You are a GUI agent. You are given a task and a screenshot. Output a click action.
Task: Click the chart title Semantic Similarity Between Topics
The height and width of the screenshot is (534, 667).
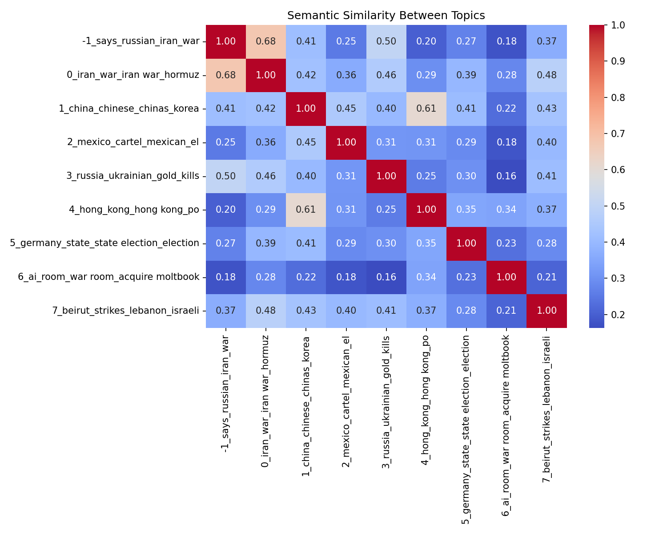(x=386, y=16)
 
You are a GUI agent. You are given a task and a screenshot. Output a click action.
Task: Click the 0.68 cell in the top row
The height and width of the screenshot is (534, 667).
(x=266, y=41)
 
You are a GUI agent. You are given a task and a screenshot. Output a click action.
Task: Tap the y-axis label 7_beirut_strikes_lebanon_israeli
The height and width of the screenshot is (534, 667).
(x=125, y=311)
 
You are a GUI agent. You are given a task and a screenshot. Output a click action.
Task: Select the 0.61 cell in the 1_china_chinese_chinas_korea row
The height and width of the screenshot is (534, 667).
(x=426, y=109)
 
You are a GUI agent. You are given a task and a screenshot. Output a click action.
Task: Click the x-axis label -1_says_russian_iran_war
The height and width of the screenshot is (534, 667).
(x=226, y=394)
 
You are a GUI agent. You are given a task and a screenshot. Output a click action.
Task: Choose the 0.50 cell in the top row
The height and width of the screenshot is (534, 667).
(x=386, y=41)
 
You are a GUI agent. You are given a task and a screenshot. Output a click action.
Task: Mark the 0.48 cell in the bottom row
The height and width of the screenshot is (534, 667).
(x=266, y=311)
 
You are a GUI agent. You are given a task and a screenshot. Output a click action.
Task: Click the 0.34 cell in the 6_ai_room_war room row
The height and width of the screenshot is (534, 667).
(x=426, y=277)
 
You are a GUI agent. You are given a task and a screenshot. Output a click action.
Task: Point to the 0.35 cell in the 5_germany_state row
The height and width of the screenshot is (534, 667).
(x=426, y=243)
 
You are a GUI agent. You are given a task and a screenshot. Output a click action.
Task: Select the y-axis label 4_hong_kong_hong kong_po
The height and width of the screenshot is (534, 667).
(x=134, y=210)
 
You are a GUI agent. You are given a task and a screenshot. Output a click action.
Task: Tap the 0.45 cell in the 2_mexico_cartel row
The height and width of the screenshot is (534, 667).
(x=306, y=142)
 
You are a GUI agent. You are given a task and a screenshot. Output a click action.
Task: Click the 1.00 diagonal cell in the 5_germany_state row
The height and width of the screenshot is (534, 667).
(x=466, y=243)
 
